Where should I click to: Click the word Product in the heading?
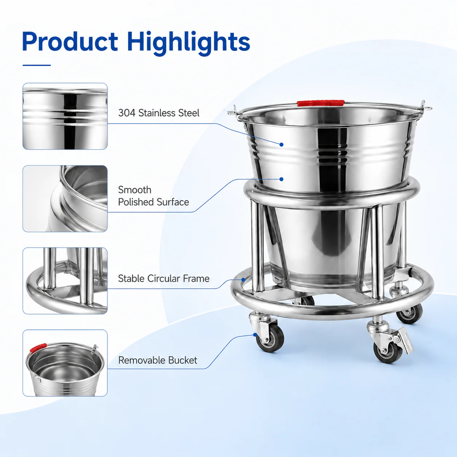pyautogui.click(x=70, y=42)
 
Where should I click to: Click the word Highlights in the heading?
pyautogui.click(x=188, y=44)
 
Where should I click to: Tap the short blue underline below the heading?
pyautogui.click(x=37, y=65)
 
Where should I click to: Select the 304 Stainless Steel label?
pyautogui.click(x=159, y=113)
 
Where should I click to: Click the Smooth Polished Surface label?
pyautogui.click(x=153, y=196)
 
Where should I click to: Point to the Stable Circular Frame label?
pyautogui.click(x=164, y=278)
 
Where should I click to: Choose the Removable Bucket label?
pyautogui.click(x=158, y=360)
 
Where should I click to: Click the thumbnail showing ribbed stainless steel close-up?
pyautogui.click(x=65, y=116)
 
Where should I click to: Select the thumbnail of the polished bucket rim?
pyautogui.click(x=65, y=199)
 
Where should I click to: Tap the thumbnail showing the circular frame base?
pyautogui.click(x=65, y=281)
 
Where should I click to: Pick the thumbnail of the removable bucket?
pyautogui.click(x=65, y=363)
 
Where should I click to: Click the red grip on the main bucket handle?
pyautogui.click(x=321, y=103)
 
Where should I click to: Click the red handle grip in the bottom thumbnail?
pyautogui.click(x=38, y=348)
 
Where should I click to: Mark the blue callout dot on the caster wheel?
pyautogui.click(x=255, y=335)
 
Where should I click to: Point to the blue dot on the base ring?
pyautogui.click(x=243, y=280)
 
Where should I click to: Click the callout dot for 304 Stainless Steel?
pyautogui.click(x=281, y=144)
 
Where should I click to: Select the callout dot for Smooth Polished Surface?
pyautogui.click(x=281, y=179)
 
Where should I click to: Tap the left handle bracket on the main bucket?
pyautogui.click(x=235, y=112)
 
